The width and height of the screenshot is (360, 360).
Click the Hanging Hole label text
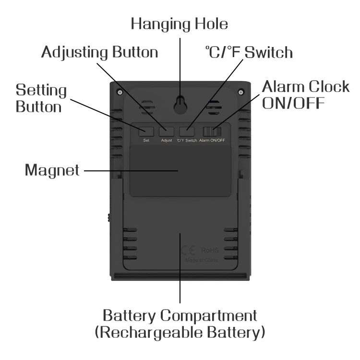point(180,24)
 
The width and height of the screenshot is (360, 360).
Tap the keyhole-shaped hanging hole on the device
point(180,104)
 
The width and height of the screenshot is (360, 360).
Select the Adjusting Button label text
point(99,52)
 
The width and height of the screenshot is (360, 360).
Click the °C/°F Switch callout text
point(249,52)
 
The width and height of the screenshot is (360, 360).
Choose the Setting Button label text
point(41,98)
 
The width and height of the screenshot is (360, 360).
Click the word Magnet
point(52,170)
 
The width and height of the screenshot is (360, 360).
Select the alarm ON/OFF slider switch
point(212,131)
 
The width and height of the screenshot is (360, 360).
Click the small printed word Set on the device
point(146,141)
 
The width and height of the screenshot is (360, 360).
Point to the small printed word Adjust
point(167,141)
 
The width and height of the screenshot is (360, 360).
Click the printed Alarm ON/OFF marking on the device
point(212,141)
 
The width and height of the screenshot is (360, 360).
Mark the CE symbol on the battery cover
point(189,250)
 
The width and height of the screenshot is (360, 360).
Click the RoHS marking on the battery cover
point(210,250)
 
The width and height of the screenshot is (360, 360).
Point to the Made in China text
point(202,260)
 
